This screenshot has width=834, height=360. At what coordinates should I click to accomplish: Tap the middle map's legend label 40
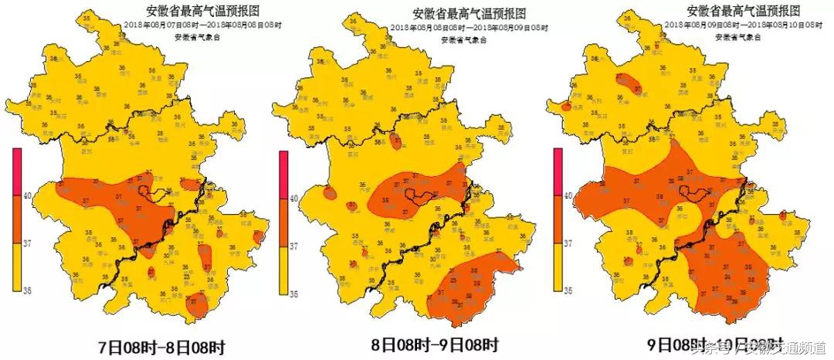coord(293,198)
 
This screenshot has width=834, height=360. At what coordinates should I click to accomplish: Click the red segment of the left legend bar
coord(17,171)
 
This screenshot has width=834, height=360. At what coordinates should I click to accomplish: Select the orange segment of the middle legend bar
coord(283,221)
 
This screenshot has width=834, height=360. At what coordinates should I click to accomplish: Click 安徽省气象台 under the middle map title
coord(458,39)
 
